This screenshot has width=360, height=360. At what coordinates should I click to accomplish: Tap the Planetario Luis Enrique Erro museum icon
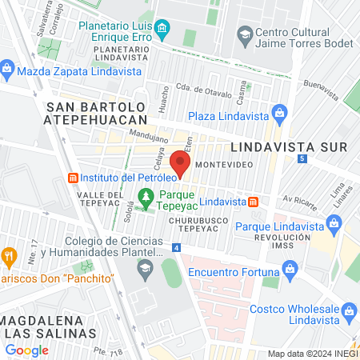coord(162,30)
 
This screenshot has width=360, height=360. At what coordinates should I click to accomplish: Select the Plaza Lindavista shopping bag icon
coord(278,111)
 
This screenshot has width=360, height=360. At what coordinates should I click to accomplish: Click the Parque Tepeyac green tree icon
coord(146,195)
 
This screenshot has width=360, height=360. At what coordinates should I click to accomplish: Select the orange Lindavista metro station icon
coord(254,201)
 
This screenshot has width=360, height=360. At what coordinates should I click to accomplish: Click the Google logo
coord(26,350)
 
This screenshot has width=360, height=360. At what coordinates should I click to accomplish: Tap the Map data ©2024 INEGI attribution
coord(312,354)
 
